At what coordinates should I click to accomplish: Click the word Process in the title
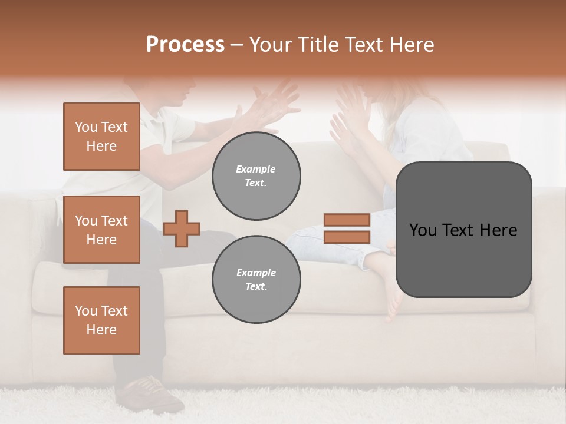pyautogui.click(x=185, y=45)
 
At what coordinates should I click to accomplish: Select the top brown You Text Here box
pyautogui.click(x=101, y=137)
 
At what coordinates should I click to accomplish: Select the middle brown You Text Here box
pyautogui.click(x=101, y=230)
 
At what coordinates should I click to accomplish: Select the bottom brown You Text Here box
pyautogui.click(x=101, y=320)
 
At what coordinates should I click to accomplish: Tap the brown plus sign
pyautogui.click(x=182, y=228)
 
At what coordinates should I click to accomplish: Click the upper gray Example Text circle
pyautogui.click(x=256, y=175)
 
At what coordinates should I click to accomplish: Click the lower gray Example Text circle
pyautogui.click(x=256, y=279)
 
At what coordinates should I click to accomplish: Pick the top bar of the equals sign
pyautogui.click(x=347, y=220)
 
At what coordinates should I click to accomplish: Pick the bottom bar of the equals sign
pyautogui.click(x=347, y=237)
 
